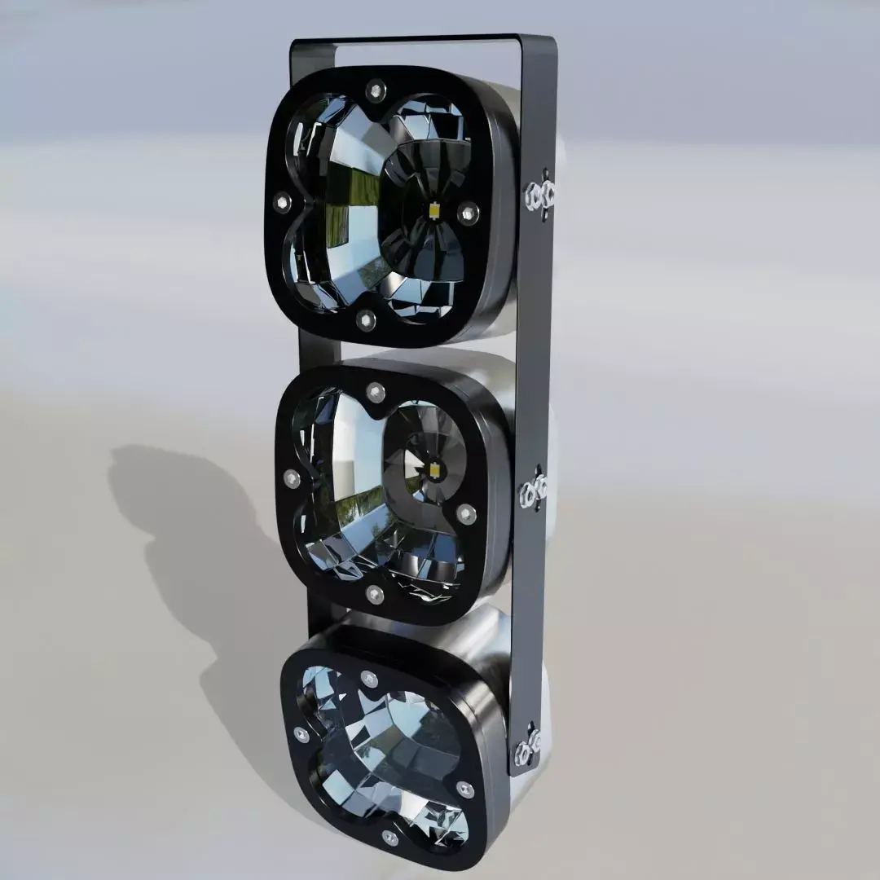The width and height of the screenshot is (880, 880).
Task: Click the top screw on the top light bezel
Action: (x=375, y=88)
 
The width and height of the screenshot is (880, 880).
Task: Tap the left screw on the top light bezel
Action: (x=283, y=202)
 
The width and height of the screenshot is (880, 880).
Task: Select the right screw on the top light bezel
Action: (x=467, y=213)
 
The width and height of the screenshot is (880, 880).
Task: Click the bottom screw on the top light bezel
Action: (x=366, y=319)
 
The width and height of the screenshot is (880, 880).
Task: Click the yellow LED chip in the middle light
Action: (x=434, y=470)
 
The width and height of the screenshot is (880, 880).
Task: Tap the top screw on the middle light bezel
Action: (x=375, y=393)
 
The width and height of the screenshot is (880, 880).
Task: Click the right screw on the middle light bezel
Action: (x=465, y=513)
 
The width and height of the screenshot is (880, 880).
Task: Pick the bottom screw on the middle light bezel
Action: (x=375, y=594)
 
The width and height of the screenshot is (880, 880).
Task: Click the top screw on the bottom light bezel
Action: (x=369, y=679)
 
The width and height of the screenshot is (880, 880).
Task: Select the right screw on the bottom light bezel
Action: (x=464, y=789)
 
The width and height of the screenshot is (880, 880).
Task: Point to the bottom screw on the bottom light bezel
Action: (x=390, y=837)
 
